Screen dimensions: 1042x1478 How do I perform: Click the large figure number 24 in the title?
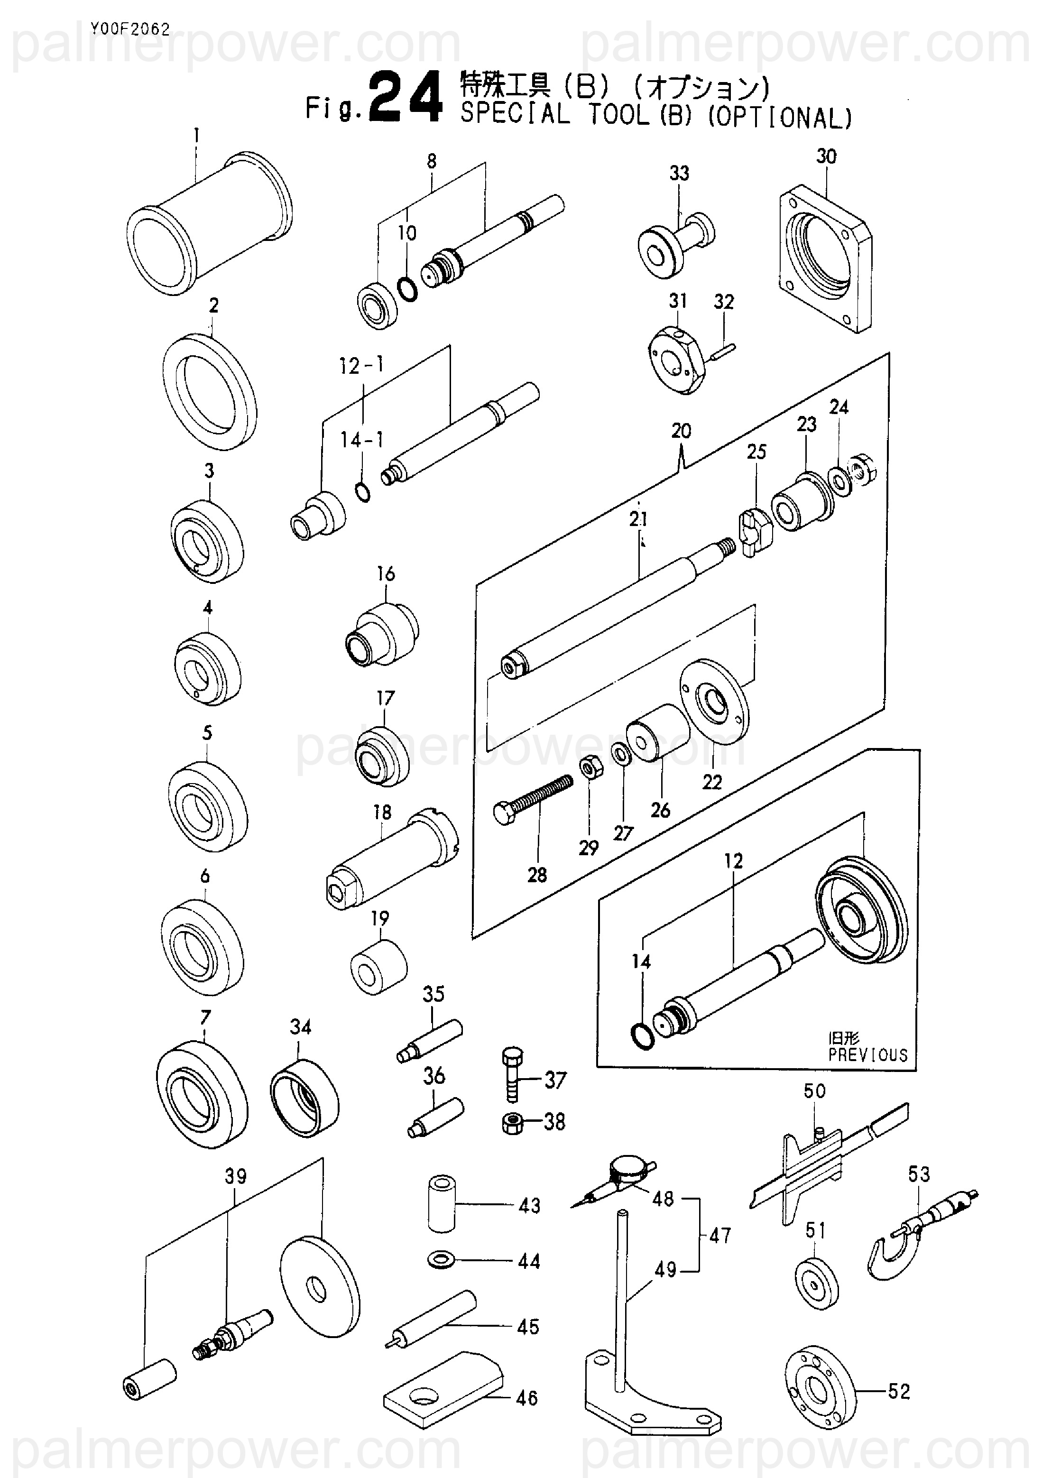[407, 98]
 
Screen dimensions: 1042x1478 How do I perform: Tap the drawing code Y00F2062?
[130, 29]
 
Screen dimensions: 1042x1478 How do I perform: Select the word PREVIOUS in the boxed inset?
[867, 1055]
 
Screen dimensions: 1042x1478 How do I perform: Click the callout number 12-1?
[362, 366]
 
